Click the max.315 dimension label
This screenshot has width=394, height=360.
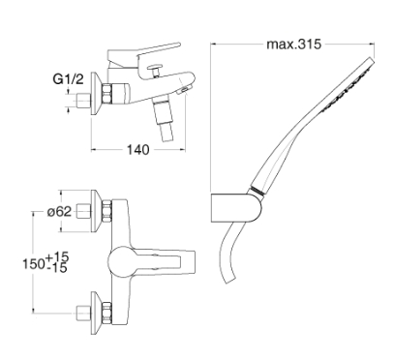pyautogui.click(x=293, y=45)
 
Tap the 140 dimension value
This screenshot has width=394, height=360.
pyautogui.click(x=137, y=150)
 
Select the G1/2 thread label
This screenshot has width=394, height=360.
pyautogui.click(x=68, y=79)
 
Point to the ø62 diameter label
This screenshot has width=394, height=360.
pyautogui.click(x=59, y=212)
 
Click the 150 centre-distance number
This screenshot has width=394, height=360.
pyautogui.click(x=34, y=264)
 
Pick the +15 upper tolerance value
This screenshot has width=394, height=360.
pyautogui.click(x=57, y=257)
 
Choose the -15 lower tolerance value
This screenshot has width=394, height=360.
pyautogui.click(x=56, y=268)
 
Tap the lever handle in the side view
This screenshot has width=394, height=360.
pyautogui.click(x=143, y=53)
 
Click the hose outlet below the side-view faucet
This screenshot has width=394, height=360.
pyautogui.click(x=163, y=121)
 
